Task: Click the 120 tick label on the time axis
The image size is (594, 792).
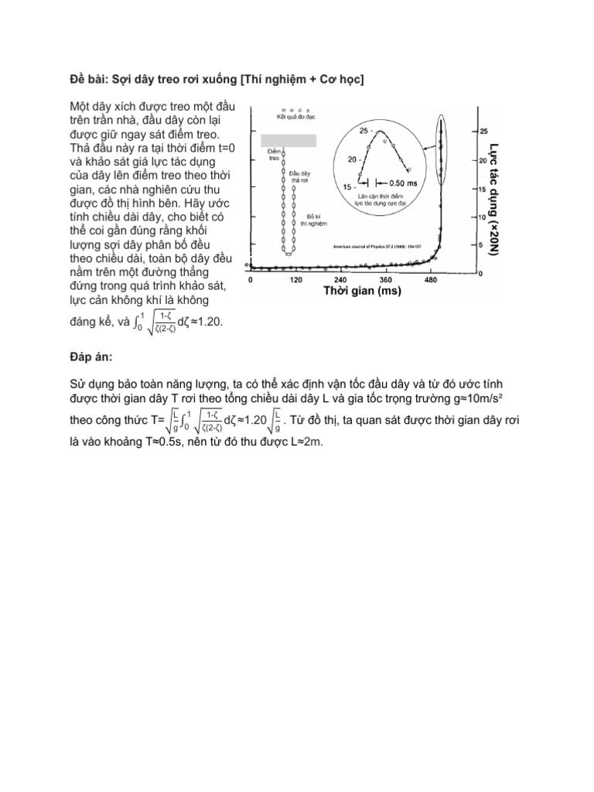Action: coord(295,280)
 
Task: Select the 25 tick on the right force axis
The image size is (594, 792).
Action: coord(462,131)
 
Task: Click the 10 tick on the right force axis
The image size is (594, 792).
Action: coord(461,217)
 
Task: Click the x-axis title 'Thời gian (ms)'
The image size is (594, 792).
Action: coord(360,292)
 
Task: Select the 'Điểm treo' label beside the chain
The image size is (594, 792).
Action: coord(273,154)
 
